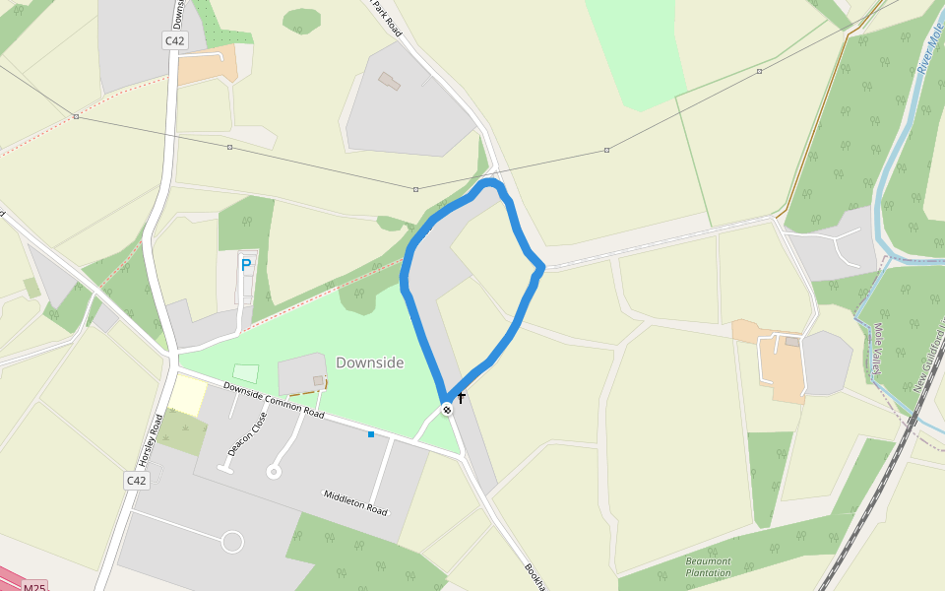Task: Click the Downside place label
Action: pos(370,362)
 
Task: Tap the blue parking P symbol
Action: pos(246,264)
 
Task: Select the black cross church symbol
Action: pos(461,398)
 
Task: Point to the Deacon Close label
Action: pos(247,433)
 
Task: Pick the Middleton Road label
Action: pos(355,502)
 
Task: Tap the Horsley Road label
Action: pos(150,439)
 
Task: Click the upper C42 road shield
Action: pos(175,40)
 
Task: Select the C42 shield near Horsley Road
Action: pos(136,481)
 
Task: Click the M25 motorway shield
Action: pos(34,587)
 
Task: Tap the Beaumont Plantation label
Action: pos(709,566)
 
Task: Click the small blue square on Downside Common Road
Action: pos(371,434)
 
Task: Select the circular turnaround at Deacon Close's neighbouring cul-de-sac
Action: pos(274,473)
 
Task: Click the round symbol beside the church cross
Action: pos(447,409)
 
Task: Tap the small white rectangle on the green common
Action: pos(246,374)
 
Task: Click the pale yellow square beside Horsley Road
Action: pos(188,395)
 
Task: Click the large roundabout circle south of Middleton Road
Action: pos(232,542)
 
